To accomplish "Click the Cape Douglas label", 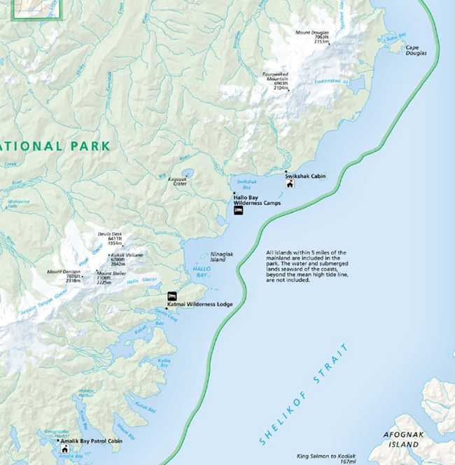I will (416, 50).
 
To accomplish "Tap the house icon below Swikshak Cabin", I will (290, 184).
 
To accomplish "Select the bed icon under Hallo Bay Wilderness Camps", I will (238, 210).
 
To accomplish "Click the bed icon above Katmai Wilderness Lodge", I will (172, 296).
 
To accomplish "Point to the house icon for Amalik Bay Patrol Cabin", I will (65, 449).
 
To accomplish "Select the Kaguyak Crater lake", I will (185, 172).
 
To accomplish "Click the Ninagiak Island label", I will (218, 258).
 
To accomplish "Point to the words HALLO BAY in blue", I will (201, 272).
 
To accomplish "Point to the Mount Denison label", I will (64, 275).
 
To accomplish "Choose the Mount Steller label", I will (113, 277).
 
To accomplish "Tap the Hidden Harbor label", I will (86, 393).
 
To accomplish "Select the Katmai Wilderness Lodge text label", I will (199, 304).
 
